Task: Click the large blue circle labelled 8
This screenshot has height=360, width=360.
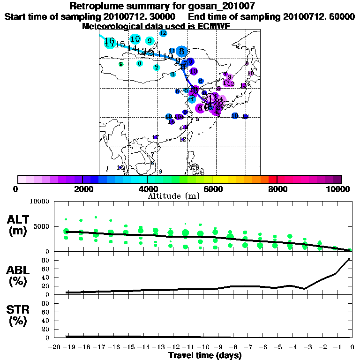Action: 182,52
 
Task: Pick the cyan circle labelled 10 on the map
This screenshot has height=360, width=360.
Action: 135,39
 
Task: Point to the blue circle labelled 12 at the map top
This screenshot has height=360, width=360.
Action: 163,33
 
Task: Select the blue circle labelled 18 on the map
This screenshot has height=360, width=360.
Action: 235,116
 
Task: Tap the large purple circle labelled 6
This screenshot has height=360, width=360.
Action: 201,108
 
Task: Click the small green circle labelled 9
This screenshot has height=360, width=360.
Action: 121,64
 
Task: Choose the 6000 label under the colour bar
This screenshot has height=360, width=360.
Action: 212,189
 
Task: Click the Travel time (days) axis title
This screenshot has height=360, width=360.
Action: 205,356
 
